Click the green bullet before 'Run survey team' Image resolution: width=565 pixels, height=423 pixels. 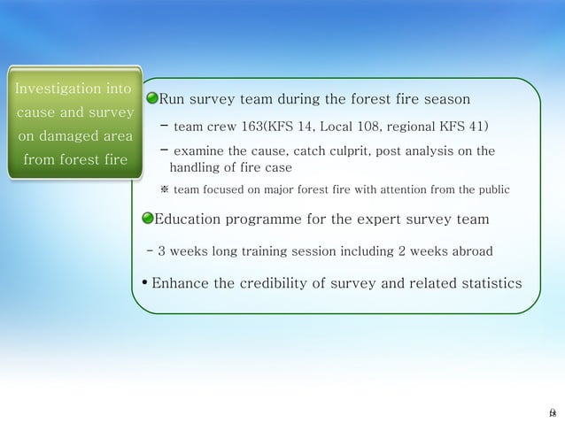[151, 96]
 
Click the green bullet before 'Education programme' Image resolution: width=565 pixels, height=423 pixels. [148, 219]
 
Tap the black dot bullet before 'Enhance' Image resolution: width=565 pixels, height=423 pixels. [144, 284]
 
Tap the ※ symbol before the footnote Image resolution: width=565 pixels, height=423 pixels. [164, 189]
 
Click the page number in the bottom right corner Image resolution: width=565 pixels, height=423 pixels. [552, 412]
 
